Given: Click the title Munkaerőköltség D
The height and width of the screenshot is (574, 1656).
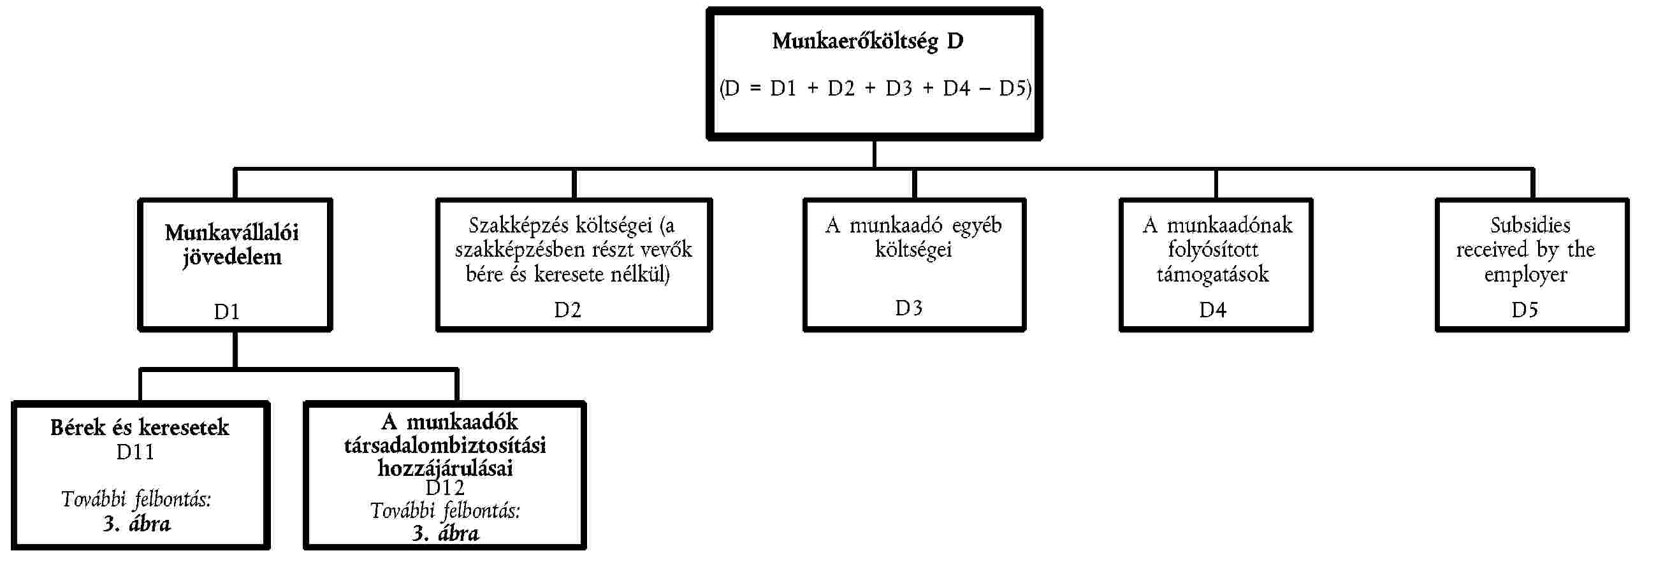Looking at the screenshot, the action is (x=868, y=41).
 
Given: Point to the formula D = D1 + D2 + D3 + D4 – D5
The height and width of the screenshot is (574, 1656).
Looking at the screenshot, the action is (x=876, y=88).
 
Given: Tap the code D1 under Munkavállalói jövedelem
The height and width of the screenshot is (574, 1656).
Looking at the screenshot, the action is (x=226, y=312).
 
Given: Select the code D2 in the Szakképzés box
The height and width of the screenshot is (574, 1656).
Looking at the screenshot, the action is (x=568, y=310).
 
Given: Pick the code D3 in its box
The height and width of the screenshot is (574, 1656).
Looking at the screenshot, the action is (x=908, y=308).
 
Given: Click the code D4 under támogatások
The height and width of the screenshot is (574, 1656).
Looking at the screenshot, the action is (x=1212, y=310).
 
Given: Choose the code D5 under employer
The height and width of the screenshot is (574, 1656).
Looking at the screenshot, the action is (x=1525, y=310).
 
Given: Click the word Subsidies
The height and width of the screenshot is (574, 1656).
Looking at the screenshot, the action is (x=1530, y=225).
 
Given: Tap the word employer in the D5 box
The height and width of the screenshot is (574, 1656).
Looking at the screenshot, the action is (x=1525, y=275).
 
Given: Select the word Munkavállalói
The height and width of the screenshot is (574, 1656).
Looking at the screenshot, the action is (x=231, y=233).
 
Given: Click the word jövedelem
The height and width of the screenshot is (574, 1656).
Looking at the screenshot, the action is (x=232, y=258).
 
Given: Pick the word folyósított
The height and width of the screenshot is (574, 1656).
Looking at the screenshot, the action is (x=1213, y=249).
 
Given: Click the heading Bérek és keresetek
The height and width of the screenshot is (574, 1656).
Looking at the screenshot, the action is (x=140, y=427).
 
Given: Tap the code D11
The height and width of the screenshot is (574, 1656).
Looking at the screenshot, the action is (x=135, y=452).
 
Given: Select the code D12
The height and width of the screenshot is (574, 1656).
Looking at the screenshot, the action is (x=445, y=488).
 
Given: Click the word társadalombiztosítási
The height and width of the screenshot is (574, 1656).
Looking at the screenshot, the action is (x=445, y=445).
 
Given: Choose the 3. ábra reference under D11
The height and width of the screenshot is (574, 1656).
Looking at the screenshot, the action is (x=137, y=524).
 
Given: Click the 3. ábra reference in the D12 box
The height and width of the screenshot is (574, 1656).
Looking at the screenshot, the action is (x=446, y=533).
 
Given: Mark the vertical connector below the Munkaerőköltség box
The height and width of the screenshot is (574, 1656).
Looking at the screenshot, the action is (x=875, y=154).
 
